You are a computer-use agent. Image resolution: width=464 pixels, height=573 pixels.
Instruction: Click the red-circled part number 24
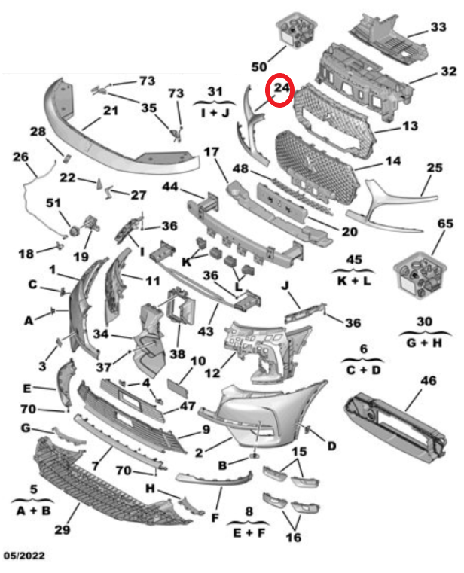tap(282, 90)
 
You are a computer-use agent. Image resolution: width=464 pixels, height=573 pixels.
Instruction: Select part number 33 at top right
tap(438, 28)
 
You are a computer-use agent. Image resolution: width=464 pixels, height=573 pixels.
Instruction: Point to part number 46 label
tap(428, 383)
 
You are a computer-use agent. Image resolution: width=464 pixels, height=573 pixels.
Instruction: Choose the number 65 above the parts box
tap(444, 224)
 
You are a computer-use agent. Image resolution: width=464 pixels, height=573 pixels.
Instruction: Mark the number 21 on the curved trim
tap(111, 111)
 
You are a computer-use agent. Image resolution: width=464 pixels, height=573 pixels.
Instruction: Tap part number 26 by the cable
tap(20, 157)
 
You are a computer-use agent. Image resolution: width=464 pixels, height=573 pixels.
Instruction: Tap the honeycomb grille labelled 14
tap(316, 169)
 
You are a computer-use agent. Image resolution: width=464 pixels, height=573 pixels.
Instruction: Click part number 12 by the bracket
tap(212, 371)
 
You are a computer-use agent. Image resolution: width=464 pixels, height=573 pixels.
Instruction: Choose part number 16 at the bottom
tap(293, 538)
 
